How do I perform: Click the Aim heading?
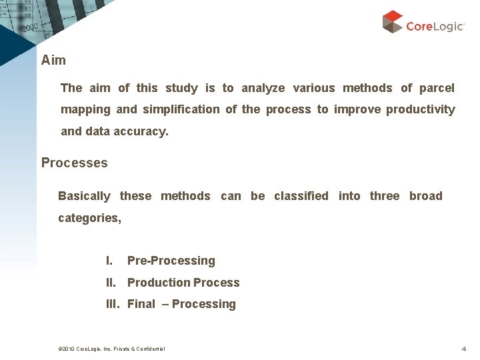tap(53, 60)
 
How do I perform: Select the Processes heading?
tap(74, 163)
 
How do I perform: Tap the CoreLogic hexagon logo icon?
tap(393, 21)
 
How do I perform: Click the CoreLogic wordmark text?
tap(435, 26)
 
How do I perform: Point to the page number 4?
tap(463, 349)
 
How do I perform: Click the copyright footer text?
tap(112, 349)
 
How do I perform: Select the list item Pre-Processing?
tap(171, 261)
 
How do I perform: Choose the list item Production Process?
tap(183, 283)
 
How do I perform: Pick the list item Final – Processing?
tap(181, 304)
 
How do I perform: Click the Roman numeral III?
tap(113, 304)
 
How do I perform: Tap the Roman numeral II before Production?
tap(112, 283)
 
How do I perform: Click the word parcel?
tap(437, 88)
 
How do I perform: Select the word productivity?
tap(420, 109)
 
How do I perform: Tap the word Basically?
tap(84, 196)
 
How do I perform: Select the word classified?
tap(301, 196)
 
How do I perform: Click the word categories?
tap(89, 218)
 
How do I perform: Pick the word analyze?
tap(263, 88)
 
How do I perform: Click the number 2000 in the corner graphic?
tap(30, 28)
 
